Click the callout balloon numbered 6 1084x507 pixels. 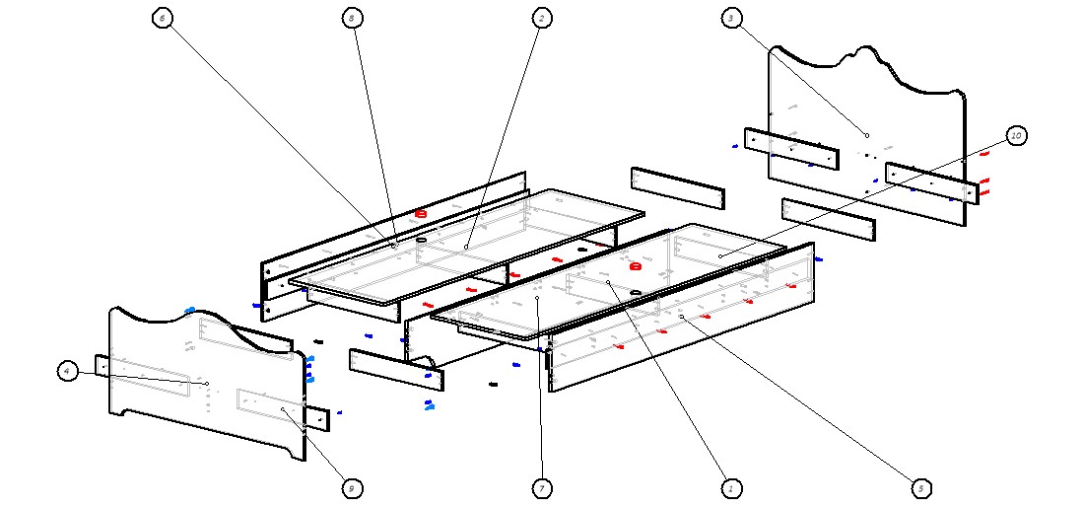(x=164, y=18)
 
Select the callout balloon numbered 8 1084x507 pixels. (x=352, y=18)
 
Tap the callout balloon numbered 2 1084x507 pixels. (x=541, y=18)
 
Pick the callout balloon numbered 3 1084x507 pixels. (x=730, y=18)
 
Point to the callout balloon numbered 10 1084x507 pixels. (x=1017, y=135)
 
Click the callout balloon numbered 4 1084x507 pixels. (x=67, y=371)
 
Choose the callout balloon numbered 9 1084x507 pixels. (x=352, y=488)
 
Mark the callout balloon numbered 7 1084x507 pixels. (x=541, y=488)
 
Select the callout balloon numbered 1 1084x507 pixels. (x=730, y=488)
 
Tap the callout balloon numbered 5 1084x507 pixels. (x=920, y=488)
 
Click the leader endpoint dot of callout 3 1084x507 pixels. (x=867, y=135)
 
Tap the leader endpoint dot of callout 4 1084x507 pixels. (x=207, y=384)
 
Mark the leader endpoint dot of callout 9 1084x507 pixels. (x=283, y=408)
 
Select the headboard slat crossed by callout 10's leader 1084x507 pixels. (x=931, y=182)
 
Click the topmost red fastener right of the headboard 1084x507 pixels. (x=985, y=154)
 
